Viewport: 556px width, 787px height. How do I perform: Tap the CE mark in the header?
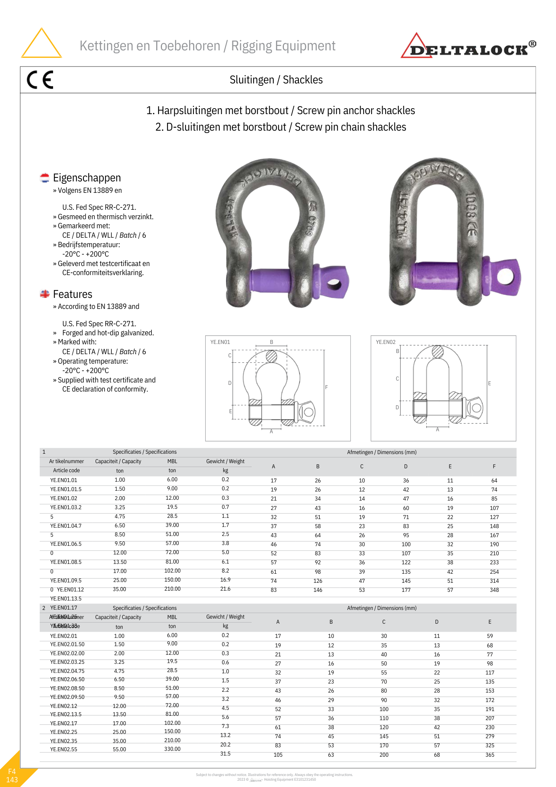pyautogui.click(x=40, y=80)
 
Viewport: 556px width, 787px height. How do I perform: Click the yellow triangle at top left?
pyautogui.click(x=41, y=44)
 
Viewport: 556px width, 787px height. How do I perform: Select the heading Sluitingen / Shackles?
pyautogui.click(x=276, y=80)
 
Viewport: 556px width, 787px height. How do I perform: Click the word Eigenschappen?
pyautogui.click(x=87, y=178)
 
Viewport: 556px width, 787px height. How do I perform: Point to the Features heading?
pyautogui.click(x=72, y=294)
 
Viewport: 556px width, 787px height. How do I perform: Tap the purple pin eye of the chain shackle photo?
pyautogui.click(x=505, y=277)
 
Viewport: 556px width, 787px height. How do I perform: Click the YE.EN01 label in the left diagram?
pyautogui.click(x=220, y=342)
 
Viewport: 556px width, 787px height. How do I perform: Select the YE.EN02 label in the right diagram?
pyautogui.click(x=386, y=342)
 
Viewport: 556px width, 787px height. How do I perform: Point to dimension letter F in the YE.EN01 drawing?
pyautogui.click(x=326, y=387)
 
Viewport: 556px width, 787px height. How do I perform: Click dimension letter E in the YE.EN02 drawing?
pyautogui.click(x=490, y=383)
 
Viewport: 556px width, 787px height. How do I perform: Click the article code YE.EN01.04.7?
pyautogui.click(x=66, y=526)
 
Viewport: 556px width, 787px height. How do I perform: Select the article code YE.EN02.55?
pyautogui.click(x=64, y=749)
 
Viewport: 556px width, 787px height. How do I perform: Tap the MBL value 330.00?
pyautogui.click(x=172, y=749)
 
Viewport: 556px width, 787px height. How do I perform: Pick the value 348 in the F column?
pyautogui.click(x=494, y=590)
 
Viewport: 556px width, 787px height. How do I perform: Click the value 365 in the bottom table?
pyautogui.click(x=490, y=755)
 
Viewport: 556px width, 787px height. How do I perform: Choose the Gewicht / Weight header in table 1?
pyautogui.click(x=225, y=461)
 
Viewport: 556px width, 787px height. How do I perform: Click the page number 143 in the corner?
pyautogui.click(x=12, y=780)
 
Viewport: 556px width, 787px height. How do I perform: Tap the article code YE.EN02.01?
pyautogui.click(x=64, y=636)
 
